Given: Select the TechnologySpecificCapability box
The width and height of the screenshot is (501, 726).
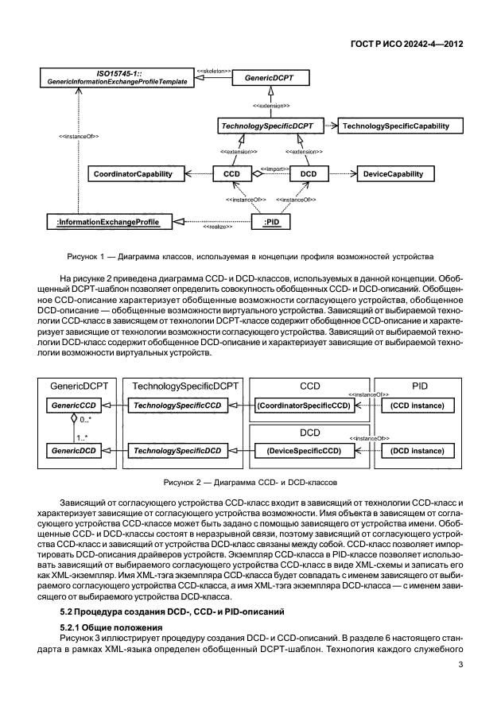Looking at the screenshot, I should click(394, 126).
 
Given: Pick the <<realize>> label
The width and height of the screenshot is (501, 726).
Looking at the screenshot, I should click(217, 227).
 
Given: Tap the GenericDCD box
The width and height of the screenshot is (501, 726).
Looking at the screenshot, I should click(69, 451).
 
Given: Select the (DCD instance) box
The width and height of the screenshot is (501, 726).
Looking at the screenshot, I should click(417, 451).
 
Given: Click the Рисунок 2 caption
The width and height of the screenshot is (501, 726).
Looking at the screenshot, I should click(250, 482).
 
